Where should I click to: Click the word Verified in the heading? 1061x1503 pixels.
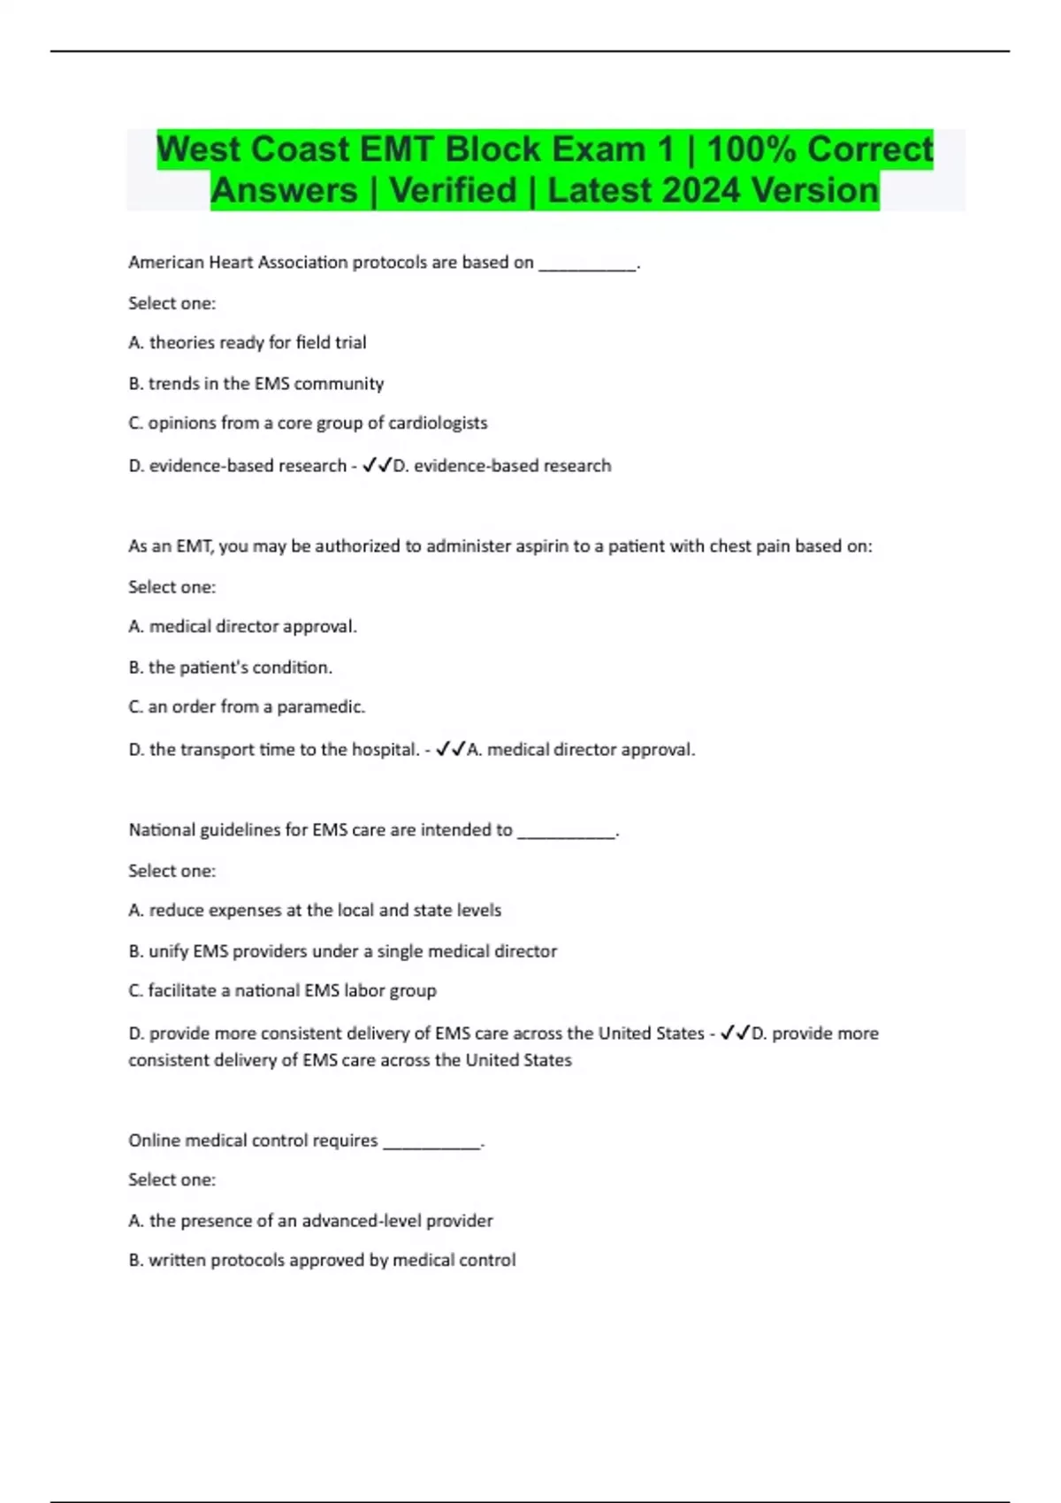tap(454, 191)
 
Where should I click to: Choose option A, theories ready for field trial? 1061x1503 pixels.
tap(248, 343)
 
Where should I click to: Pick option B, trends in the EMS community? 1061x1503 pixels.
tap(256, 384)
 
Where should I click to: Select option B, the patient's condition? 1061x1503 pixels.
tap(231, 668)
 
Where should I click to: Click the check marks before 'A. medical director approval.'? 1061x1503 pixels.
tap(451, 750)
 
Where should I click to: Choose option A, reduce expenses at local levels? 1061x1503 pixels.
tap(315, 911)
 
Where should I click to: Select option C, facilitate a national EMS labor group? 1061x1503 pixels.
tap(283, 991)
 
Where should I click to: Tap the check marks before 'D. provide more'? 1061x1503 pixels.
tap(736, 1034)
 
